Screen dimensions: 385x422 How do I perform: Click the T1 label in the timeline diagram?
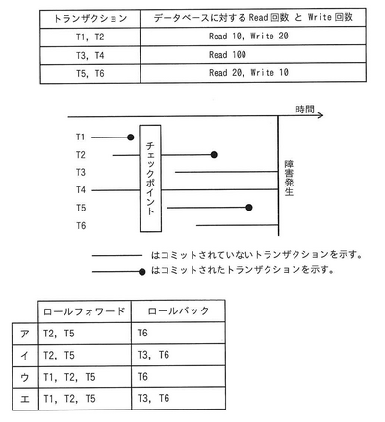tap(80, 137)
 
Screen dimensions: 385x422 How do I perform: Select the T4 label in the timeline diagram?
tap(80, 189)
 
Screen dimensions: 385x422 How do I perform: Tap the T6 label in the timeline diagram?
tap(80, 225)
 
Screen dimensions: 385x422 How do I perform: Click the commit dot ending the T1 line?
tap(129, 137)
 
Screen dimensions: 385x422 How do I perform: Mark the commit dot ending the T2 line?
tap(213, 154)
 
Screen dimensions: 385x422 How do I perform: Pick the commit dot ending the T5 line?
tap(249, 207)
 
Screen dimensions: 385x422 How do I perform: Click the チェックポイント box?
tap(149, 178)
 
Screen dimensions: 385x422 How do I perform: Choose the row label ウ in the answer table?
tap(23, 376)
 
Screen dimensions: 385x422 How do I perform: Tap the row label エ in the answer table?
tap(23, 397)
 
